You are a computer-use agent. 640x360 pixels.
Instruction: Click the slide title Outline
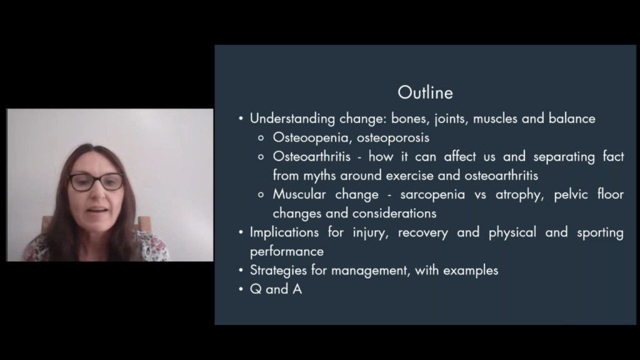[x=425, y=92]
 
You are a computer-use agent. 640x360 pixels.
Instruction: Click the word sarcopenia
[x=432, y=195]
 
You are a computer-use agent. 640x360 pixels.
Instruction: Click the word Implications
[x=284, y=232]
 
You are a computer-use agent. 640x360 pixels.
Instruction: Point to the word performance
[x=286, y=252]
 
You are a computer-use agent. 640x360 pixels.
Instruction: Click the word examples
[x=471, y=271]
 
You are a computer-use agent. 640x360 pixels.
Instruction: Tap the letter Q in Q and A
[x=256, y=289]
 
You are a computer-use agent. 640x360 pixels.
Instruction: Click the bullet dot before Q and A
[x=241, y=289]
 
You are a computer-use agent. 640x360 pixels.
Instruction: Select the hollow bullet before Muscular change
[x=261, y=195]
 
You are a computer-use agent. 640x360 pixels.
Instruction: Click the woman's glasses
[x=96, y=182]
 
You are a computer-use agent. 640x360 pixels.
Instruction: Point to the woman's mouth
[x=97, y=210]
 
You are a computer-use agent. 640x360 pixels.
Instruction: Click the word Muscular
[x=299, y=194]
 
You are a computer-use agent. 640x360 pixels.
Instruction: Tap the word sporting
[x=600, y=232]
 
